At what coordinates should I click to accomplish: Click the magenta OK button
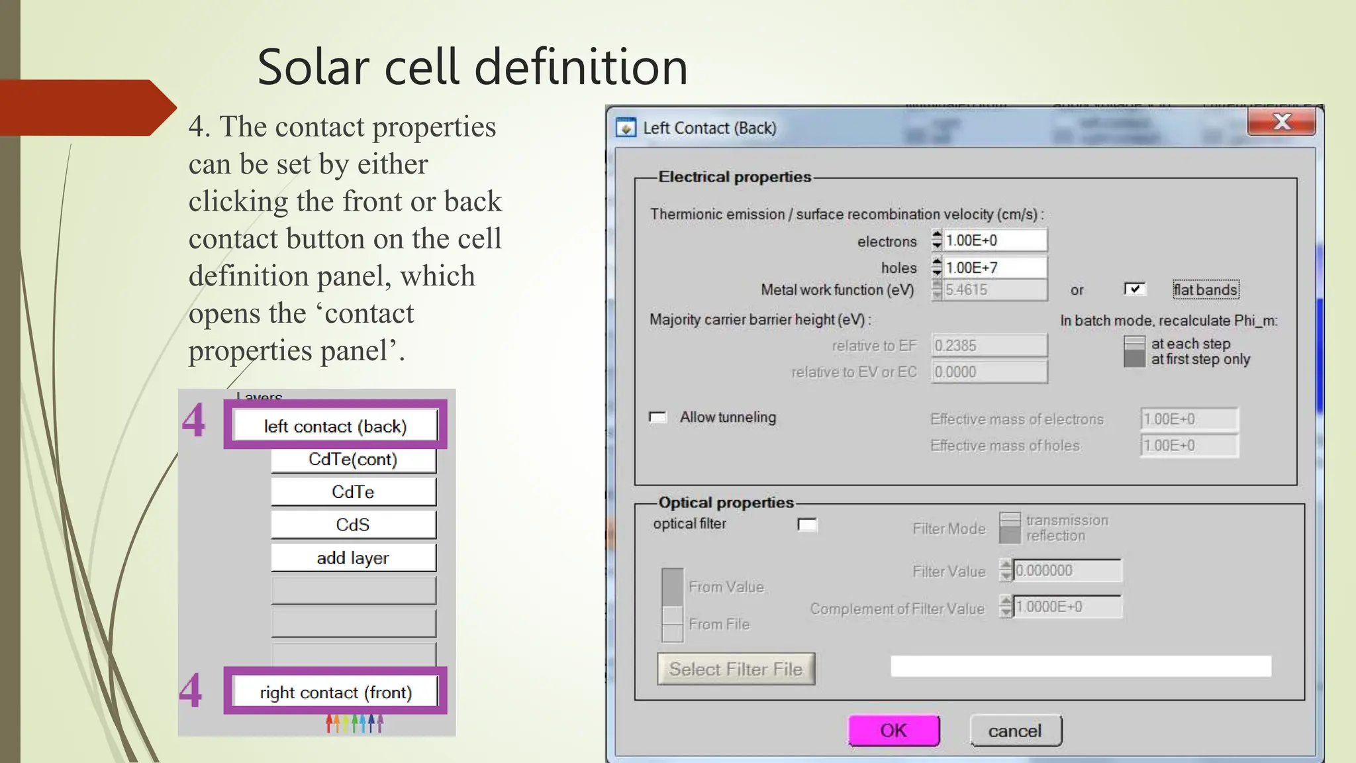(x=893, y=731)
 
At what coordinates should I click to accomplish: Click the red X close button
(x=1281, y=122)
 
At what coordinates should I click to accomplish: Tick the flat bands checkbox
(x=1134, y=289)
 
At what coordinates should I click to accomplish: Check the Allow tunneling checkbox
(x=657, y=417)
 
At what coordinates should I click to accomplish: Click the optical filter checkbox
(x=807, y=525)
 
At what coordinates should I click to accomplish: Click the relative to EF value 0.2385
(x=989, y=346)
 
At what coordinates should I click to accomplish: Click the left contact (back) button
(x=335, y=426)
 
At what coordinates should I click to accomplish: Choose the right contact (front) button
(x=335, y=692)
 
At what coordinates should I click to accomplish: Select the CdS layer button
(x=353, y=525)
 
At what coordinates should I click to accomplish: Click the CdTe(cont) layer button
(x=353, y=459)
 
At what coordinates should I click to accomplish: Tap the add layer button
(x=353, y=558)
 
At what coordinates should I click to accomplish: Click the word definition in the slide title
(x=581, y=68)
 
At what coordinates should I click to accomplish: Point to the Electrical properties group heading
(x=734, y=177)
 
